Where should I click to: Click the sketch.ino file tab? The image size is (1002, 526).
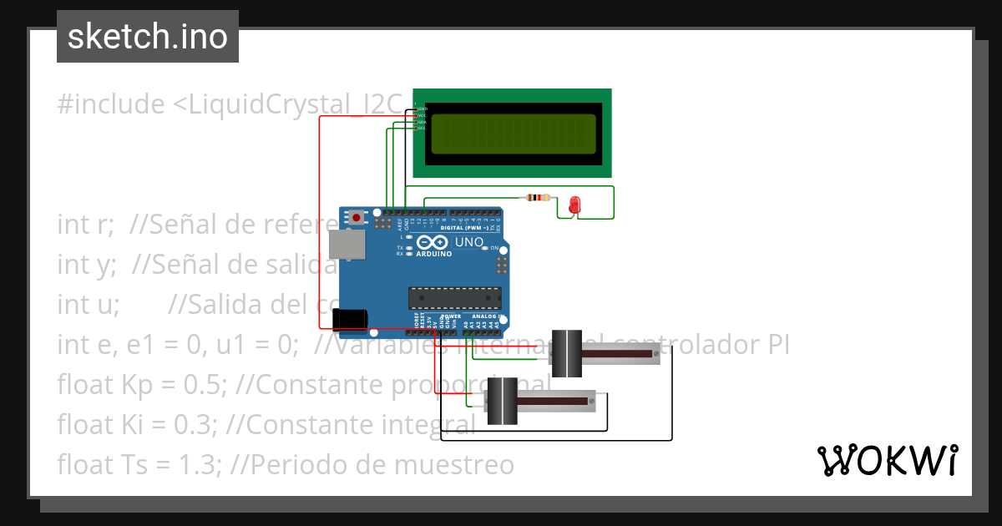(147, 37)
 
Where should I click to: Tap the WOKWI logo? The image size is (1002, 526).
(887, 460)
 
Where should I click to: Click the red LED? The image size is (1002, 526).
(574, 205)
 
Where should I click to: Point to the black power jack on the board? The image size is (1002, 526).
(350, 320)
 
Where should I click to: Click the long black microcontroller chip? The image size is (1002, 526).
(454, 298)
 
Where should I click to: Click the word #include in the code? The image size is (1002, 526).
(111, 105)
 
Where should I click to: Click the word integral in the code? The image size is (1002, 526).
(428, 424)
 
